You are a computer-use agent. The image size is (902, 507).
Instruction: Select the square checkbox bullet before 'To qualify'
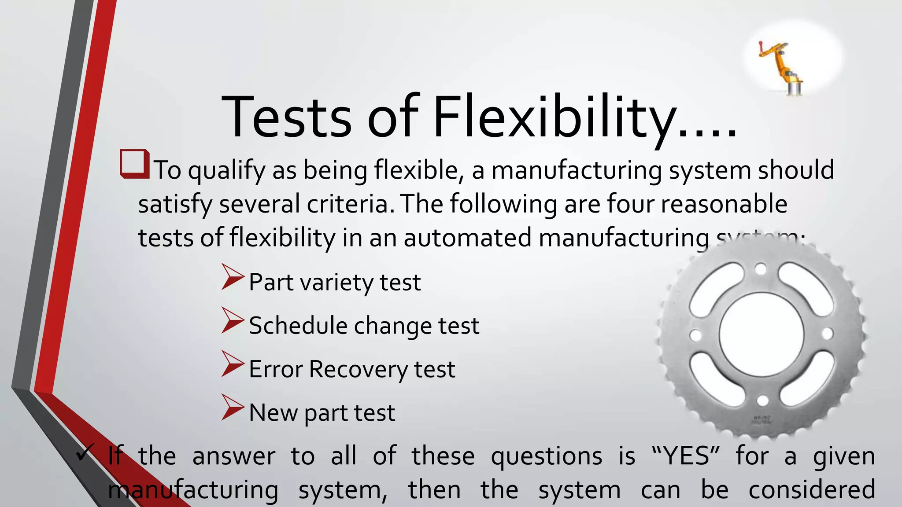coord(134,164)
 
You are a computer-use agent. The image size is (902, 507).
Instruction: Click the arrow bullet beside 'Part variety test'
coord(232,277)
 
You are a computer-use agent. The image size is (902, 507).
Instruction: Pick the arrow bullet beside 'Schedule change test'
coord(232,320)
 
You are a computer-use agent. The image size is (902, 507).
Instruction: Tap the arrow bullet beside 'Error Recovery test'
coord(232,364)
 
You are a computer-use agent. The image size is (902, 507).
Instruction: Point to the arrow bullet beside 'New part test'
coord(232,408)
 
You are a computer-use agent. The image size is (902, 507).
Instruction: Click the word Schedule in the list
coord(298,326)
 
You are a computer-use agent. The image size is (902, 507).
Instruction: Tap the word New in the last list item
coord(273,413)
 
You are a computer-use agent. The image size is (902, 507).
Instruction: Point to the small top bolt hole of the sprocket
coord(761,268)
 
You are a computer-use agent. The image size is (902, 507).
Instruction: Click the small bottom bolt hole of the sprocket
coord(762,400)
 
